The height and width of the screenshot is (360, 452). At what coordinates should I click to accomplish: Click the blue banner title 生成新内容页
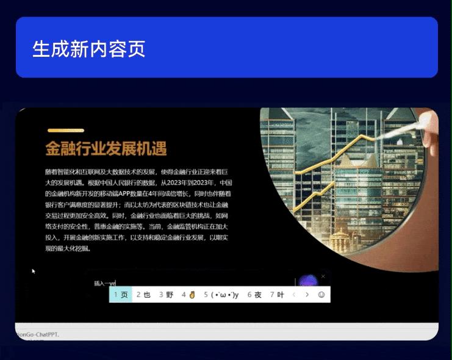point(89,48)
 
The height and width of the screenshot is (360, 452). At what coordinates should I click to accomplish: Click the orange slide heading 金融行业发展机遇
point(106,148)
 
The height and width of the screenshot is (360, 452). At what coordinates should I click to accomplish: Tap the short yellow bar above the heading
point(65,130)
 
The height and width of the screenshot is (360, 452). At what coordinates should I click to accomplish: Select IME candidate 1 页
point(121,295)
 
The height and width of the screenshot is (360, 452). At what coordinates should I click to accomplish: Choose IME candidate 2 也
point(143,295)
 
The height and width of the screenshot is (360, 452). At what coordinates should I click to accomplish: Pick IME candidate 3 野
point(166,295)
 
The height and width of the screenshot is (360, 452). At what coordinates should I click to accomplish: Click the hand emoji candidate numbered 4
point(188,295)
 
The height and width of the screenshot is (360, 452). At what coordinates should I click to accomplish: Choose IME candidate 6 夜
point(254,295)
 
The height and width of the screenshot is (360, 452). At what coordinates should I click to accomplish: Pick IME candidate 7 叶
point(277,295)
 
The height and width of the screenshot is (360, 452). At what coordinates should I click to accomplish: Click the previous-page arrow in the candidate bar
point(294,295)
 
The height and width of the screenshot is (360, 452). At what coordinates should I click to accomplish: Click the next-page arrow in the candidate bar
point(307,295)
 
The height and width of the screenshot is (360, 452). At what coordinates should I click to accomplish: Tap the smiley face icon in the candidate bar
point(321,295)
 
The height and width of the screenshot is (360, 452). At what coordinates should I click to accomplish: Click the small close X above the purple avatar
point(323,276)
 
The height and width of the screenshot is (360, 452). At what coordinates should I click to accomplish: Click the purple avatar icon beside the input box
point(308,281)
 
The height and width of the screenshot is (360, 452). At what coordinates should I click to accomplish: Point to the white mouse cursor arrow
point(34,270)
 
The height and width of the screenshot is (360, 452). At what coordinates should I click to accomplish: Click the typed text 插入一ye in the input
point(104,283)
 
